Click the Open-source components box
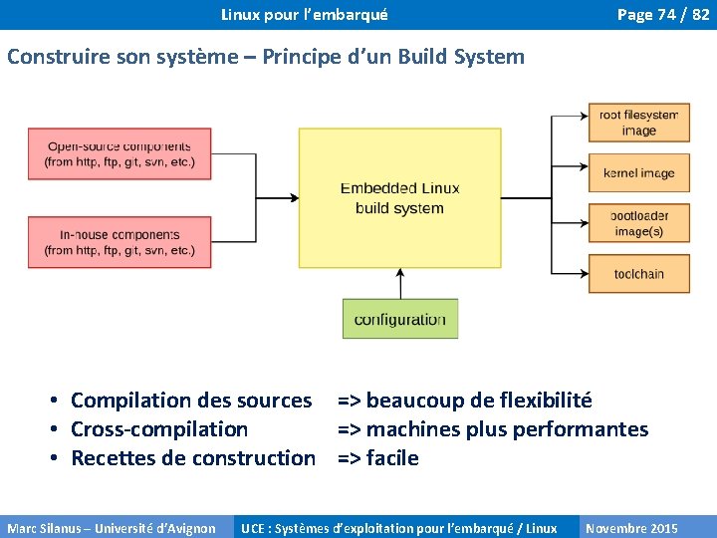119,153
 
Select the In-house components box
119,242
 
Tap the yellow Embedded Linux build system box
399,197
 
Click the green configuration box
399,319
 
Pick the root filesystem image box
638,123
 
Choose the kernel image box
638,173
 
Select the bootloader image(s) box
638,223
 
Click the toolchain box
638,274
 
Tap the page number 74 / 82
663,14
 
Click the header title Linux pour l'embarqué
304,14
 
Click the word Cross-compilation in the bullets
159,429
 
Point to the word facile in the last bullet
392,458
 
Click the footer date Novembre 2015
631,528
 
